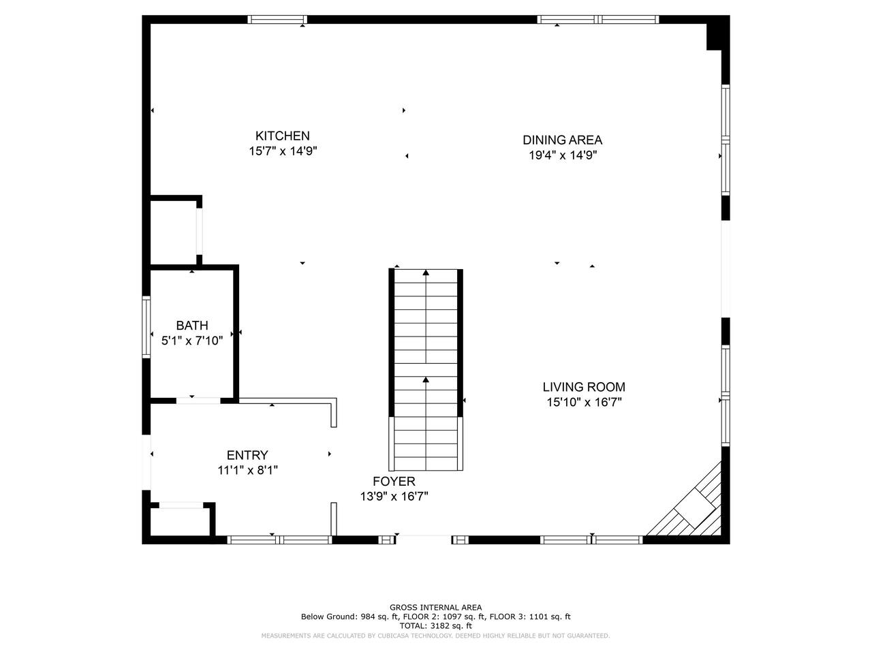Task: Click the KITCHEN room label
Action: coord(282,136)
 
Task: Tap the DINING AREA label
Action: coord(562,140)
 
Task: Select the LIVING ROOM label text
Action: coord(584,387)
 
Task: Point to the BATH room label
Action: coord(192,325)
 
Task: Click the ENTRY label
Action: coord(247,454)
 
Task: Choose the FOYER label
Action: coord(394,481)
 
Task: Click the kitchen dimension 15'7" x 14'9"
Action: coord(283,151)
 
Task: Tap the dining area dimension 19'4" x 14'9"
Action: coord(563,155)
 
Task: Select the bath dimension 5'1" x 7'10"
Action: coord(192,341)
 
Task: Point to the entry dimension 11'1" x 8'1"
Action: coord(247,470)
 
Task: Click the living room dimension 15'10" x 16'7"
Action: coord(584,402)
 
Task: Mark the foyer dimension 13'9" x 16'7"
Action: coord(394,497)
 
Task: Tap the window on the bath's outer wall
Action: coord(146,327)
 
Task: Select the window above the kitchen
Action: coord(277,20)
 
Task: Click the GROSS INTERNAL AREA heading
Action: coord(435,607)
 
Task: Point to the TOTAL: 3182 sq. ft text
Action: coord(435,626)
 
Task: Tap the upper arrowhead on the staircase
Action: coord(426,272)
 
